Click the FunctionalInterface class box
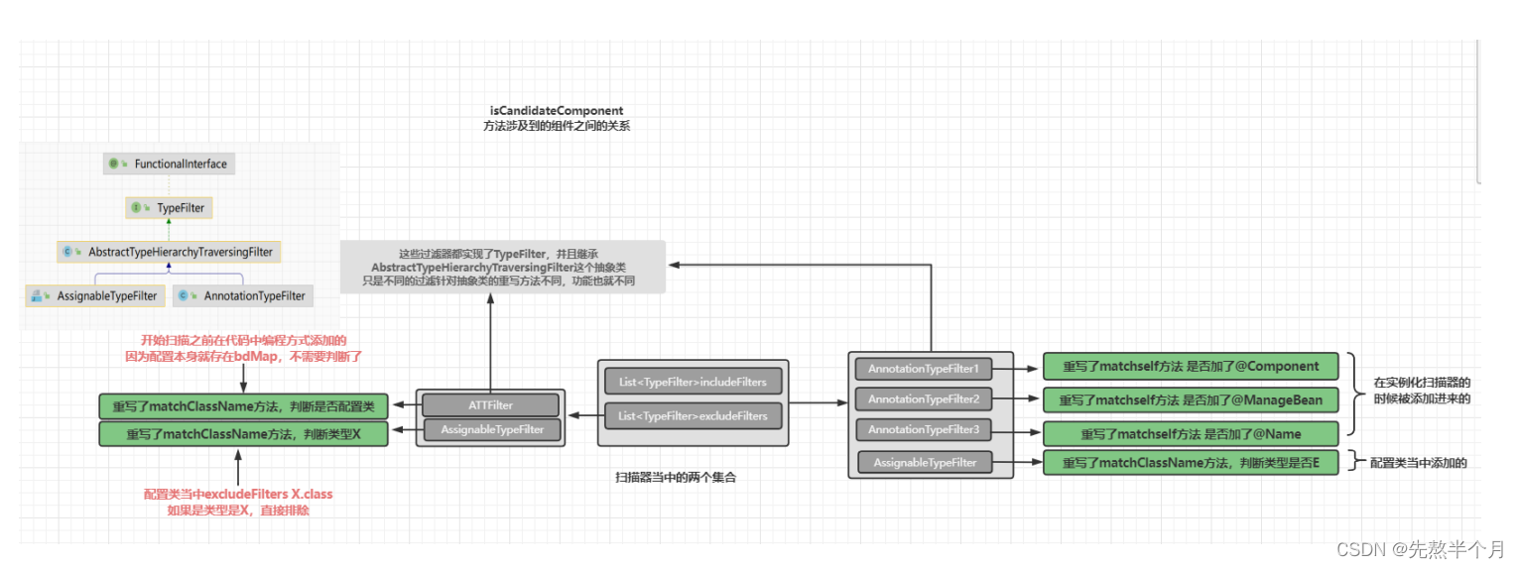coord(170,164)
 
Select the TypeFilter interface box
coord(170,208)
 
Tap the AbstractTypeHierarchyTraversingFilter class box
coord(170,252)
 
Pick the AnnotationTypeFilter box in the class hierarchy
coord(243,295)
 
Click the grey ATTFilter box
coord(491,404)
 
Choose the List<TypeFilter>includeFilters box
coord(693,382)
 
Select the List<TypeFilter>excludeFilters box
coord(693,416)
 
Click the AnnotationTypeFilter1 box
coord(923,369)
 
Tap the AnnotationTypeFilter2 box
coord(923,398)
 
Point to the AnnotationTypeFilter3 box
coord(923,429)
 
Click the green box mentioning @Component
coord(1191,366)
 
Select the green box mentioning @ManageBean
coord(1191,399)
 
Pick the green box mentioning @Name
coord(1191,434)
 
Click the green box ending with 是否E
coord(1191,463)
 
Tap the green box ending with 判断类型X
coord(244,433)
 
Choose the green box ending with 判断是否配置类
coord(244,405)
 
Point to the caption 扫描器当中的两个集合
coord(676,477)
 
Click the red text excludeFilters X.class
coord(244,494)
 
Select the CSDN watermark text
coord(1420,549)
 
